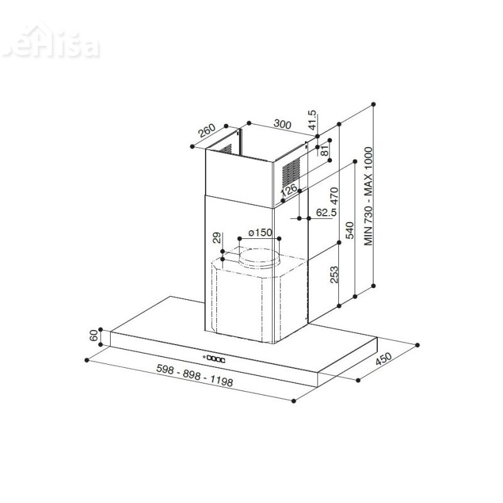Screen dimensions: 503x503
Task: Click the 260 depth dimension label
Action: click(207, 132)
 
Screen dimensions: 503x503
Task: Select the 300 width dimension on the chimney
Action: click(283, 125)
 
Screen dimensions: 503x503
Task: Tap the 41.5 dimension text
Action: click(312, 119)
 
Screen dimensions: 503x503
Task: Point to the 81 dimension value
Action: click(324, 150)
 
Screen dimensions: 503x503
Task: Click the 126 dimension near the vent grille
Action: click(289, 189)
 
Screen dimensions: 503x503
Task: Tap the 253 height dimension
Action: click(334, 274)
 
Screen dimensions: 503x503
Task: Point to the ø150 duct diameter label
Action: click(260, 233)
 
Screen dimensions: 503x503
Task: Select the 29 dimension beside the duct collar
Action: click(217, 238)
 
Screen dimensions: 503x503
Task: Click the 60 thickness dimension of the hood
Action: click(95, 336)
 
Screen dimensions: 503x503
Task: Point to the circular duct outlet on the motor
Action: click(259, 257)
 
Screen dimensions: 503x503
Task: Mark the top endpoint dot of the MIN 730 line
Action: click(374, 103)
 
